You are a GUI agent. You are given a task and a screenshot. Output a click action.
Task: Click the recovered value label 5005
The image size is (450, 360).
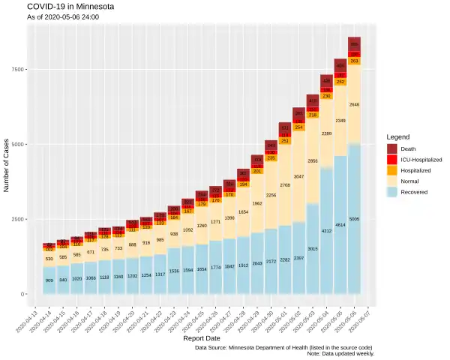point(355,220)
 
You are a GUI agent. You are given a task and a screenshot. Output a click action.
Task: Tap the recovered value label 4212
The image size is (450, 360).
point(326,232)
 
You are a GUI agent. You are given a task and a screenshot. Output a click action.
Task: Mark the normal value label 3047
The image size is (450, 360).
point(298,176)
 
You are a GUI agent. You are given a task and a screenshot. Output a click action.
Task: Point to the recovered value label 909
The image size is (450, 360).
point(49,280)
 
